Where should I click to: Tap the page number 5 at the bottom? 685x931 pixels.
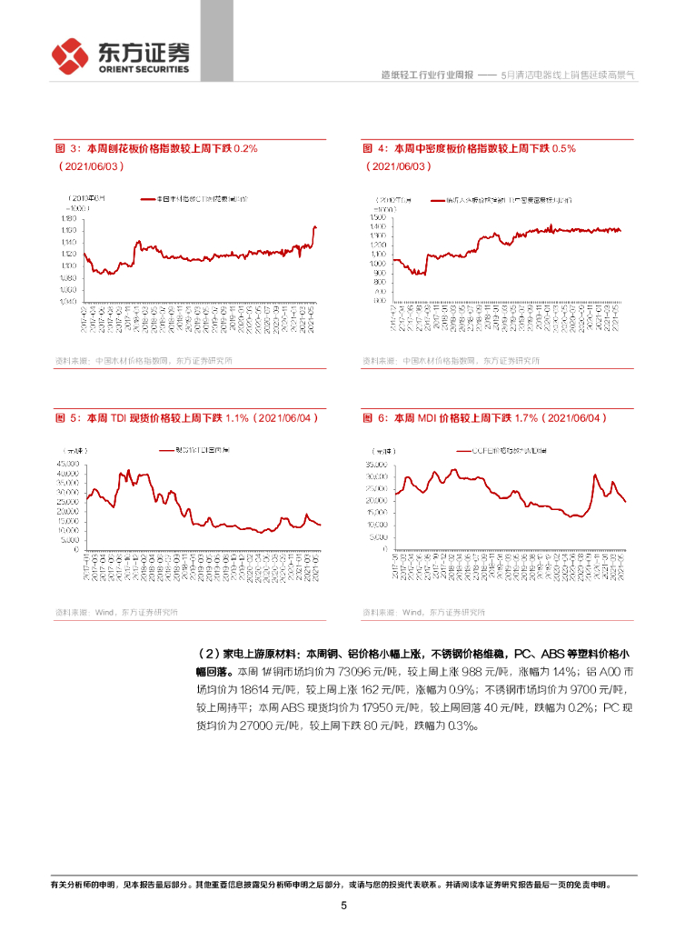click(343, 906)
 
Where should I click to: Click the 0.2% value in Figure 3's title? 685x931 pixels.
click(246, 148)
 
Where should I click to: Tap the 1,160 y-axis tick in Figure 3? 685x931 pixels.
click(67, 230)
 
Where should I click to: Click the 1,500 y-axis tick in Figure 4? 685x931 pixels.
click(379, 217)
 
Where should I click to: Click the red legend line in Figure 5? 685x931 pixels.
click(165, 451)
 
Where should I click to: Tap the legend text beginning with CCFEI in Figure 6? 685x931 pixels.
click(499, 451)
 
